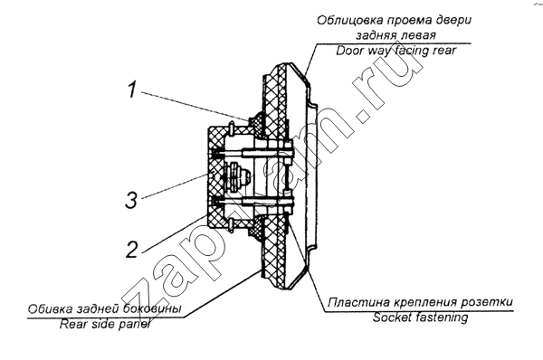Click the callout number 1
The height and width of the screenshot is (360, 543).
tap(131, 90)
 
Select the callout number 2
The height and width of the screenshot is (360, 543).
tap(131, 250)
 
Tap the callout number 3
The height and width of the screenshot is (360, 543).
tap(131, 200)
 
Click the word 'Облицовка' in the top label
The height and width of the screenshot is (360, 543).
tap(349, 20)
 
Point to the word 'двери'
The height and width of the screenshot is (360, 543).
tap(452, 20)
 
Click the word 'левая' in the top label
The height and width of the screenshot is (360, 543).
tap(419, 35)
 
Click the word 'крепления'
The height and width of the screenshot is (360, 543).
tap(425, 302)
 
